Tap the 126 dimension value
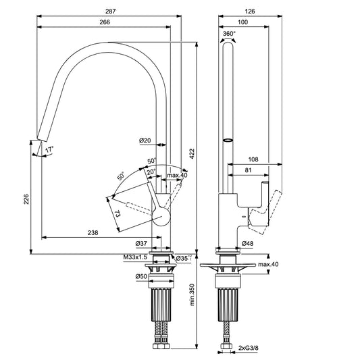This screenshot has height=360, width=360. point(251,11)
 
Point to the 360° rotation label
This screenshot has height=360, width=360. point(229,33)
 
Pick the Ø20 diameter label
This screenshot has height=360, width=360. point(145,140)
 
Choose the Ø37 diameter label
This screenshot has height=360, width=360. point(142,243)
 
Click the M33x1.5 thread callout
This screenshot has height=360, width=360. point(136,258)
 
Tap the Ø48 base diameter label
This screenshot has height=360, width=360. point(247,243)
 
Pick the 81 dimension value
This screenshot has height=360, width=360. point(249,170)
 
